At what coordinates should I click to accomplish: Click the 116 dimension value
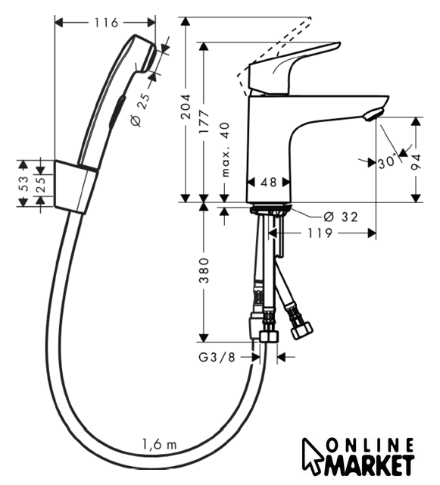click(x=106, y=23)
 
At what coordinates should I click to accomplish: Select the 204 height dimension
click(x=186, y=107)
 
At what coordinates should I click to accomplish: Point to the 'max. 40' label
click(x=226, y=149)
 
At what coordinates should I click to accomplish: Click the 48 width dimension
click(x=268, y=182)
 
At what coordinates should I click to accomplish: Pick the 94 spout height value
click(x=417, y=162)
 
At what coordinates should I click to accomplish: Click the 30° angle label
click(x=387, y=161)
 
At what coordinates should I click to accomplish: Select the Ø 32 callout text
click(x=341, y=217)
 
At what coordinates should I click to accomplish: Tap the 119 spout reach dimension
click(x=320, y=233)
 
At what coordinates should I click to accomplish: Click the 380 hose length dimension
click(x=204, y=271)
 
